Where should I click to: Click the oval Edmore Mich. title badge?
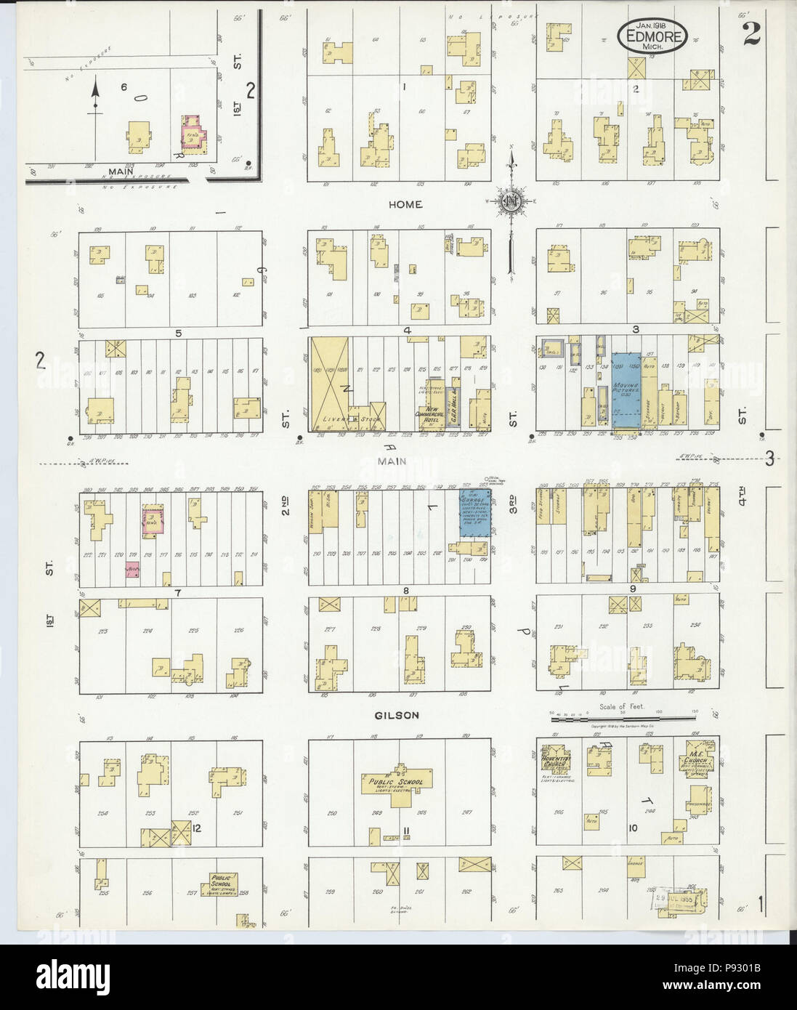(652, 34)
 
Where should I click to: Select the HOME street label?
(405, 205)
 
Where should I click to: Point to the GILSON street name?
(399, 715)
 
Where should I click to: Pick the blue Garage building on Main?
(475, 513)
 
